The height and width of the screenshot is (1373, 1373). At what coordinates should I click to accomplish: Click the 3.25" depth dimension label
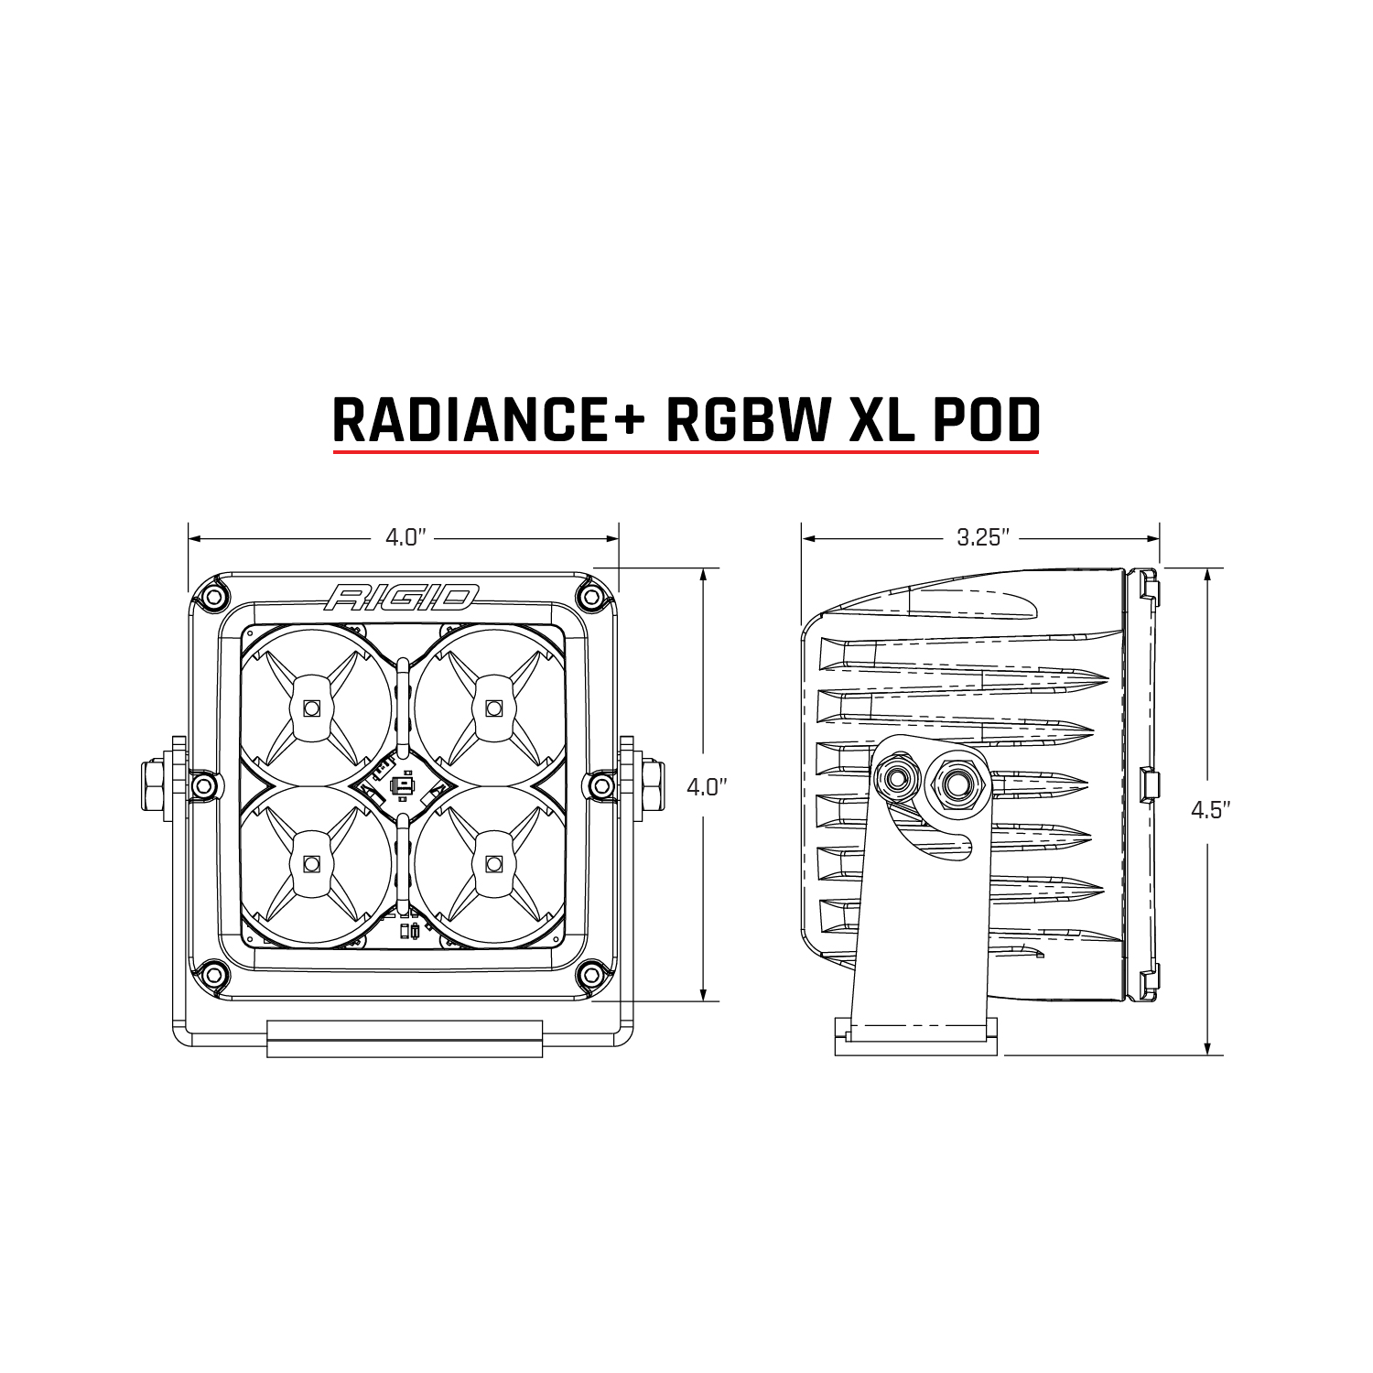pyautogui.click(x=982, y=537)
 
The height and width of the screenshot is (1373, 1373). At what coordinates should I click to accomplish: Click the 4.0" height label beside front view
pyautogui.click(x=705, y=787)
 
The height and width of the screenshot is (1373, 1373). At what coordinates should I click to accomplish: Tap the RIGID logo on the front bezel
pyautogui.click(x=400, y=599)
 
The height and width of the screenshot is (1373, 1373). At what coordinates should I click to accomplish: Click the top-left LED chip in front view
pyautogui.click(x=311, y=708)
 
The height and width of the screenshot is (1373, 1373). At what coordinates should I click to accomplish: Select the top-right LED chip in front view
pyautogui.click(x=494, y=708)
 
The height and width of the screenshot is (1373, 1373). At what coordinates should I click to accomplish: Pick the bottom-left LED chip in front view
pyautogui.click(x=311, y=863)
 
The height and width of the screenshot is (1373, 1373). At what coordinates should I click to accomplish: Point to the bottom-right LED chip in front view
pyautogui.click(x=494, y=863)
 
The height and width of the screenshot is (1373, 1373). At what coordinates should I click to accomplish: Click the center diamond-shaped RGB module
pyautogui.click(x=401, y=785)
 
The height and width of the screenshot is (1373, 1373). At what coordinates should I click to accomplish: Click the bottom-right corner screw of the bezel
pyautogui.click(x=591, y=972)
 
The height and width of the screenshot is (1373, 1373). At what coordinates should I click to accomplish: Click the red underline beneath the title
pyautogui.click(x=686, y=451)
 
